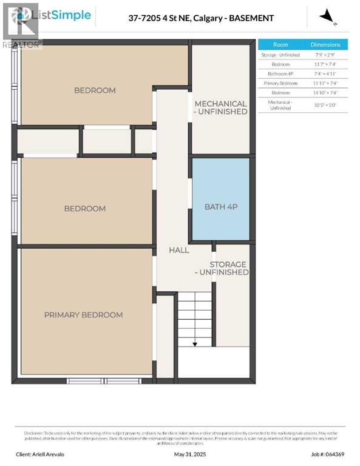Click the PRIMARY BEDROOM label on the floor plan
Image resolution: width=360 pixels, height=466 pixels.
click(83, 315)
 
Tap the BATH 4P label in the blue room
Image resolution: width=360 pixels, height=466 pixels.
click(220, 207)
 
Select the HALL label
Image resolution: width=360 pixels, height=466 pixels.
click(178, 250)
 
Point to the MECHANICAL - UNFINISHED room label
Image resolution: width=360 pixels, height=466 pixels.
click(220, 107)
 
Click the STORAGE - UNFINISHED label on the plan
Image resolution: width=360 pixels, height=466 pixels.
click(228, 268)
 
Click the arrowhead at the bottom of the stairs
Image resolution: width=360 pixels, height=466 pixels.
click(195, 344)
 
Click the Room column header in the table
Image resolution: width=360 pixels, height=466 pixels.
click(280, 45)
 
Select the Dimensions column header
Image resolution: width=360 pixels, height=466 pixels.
click(325, 45)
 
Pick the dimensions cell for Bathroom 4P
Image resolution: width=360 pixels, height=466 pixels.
click(325, 73)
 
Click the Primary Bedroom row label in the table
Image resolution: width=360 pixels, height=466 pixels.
click(280, 83)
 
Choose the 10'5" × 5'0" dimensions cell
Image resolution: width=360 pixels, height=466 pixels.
click(325, 105)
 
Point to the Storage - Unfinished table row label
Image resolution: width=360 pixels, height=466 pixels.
click(280, 55)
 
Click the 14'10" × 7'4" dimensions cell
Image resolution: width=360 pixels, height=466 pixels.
click(325, 92)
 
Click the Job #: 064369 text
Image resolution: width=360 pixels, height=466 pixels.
click(328, 454)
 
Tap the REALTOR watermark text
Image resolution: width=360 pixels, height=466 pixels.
click(21, 44)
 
